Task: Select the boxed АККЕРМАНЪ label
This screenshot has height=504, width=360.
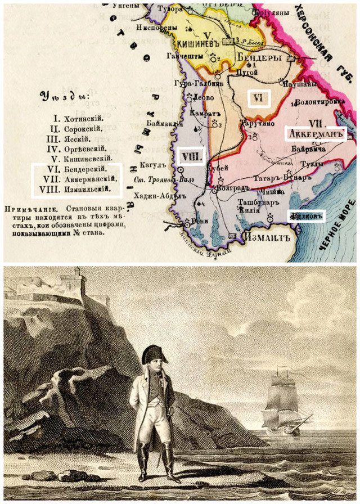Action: coord(314,134)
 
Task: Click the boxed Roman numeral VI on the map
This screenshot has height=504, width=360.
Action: coord(259,98)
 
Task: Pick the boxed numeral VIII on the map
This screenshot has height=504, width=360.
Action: coord(190,157)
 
